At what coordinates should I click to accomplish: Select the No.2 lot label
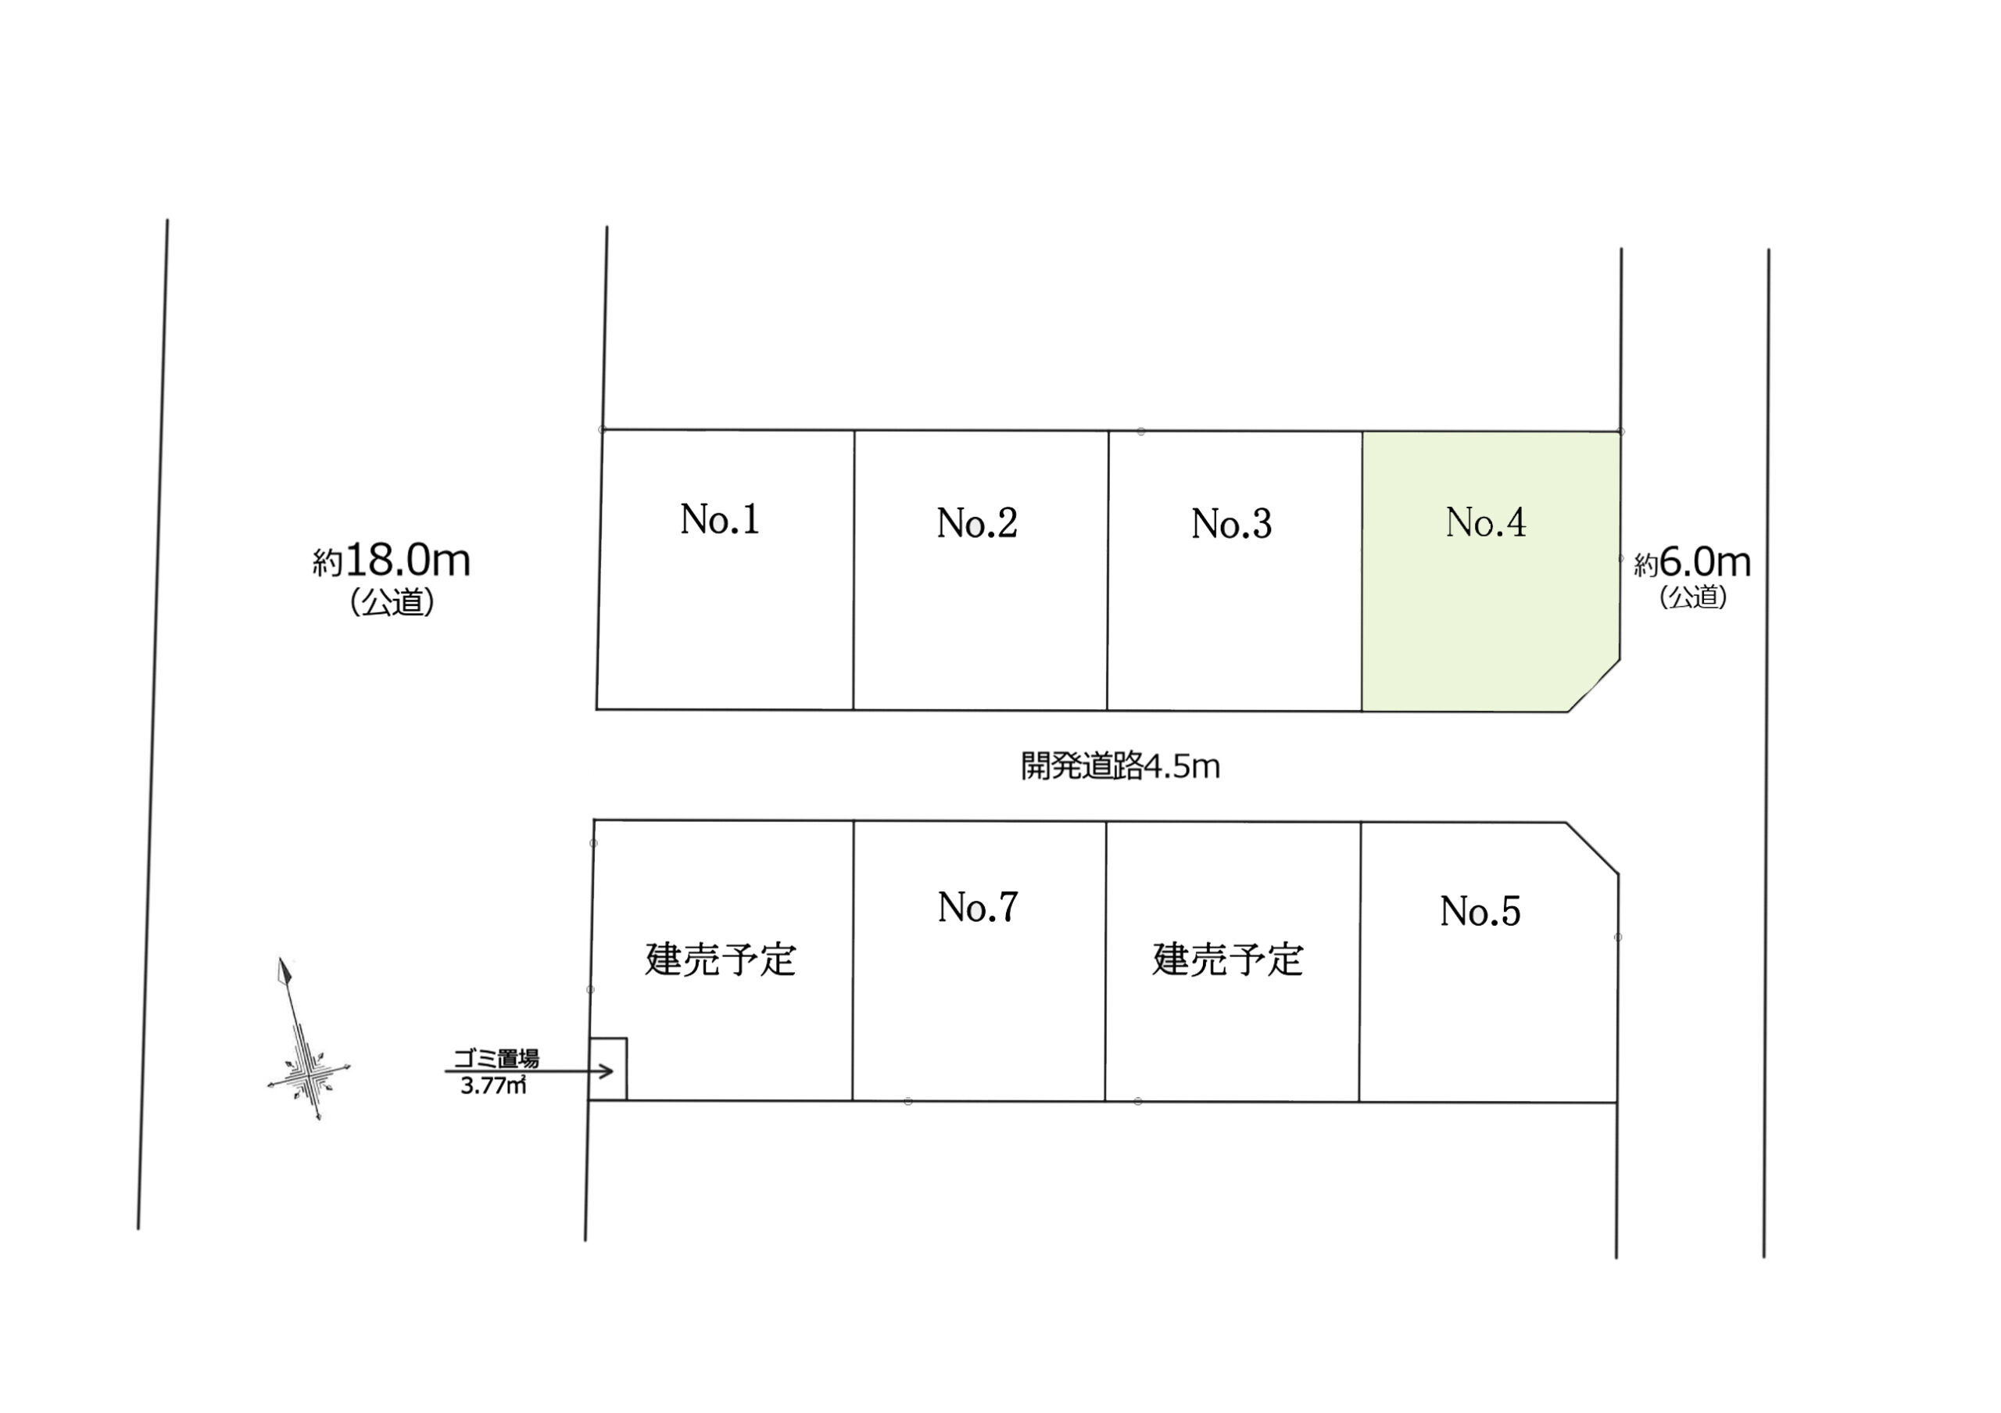[x=976, y=523]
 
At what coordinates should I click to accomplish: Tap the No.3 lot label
[x=1230, y=524]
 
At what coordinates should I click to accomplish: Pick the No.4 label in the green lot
[x=1485, y=522]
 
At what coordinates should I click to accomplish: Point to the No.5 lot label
[x=1480, y=912]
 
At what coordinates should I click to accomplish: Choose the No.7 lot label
[x=977, y=907]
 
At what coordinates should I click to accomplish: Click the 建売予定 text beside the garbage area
[x=720, y=959]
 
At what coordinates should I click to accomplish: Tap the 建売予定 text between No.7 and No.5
[x=1227, y=959]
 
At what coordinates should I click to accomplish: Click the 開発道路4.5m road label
[x=1120, y=767]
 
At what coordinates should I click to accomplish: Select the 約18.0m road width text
[x=392, y=561]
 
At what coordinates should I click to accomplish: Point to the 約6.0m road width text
[x=1691, y=563]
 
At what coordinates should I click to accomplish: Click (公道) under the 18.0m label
[x=392, y=602]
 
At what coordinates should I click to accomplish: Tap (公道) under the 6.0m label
[x=1692, y=597]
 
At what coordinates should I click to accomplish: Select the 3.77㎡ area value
[x=493, y=1086]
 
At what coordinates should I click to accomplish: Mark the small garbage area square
[x=608, y=1069]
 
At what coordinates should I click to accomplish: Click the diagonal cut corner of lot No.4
[x=1594, y=686]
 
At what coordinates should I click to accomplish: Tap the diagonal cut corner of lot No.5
[x=1592, y=848]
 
